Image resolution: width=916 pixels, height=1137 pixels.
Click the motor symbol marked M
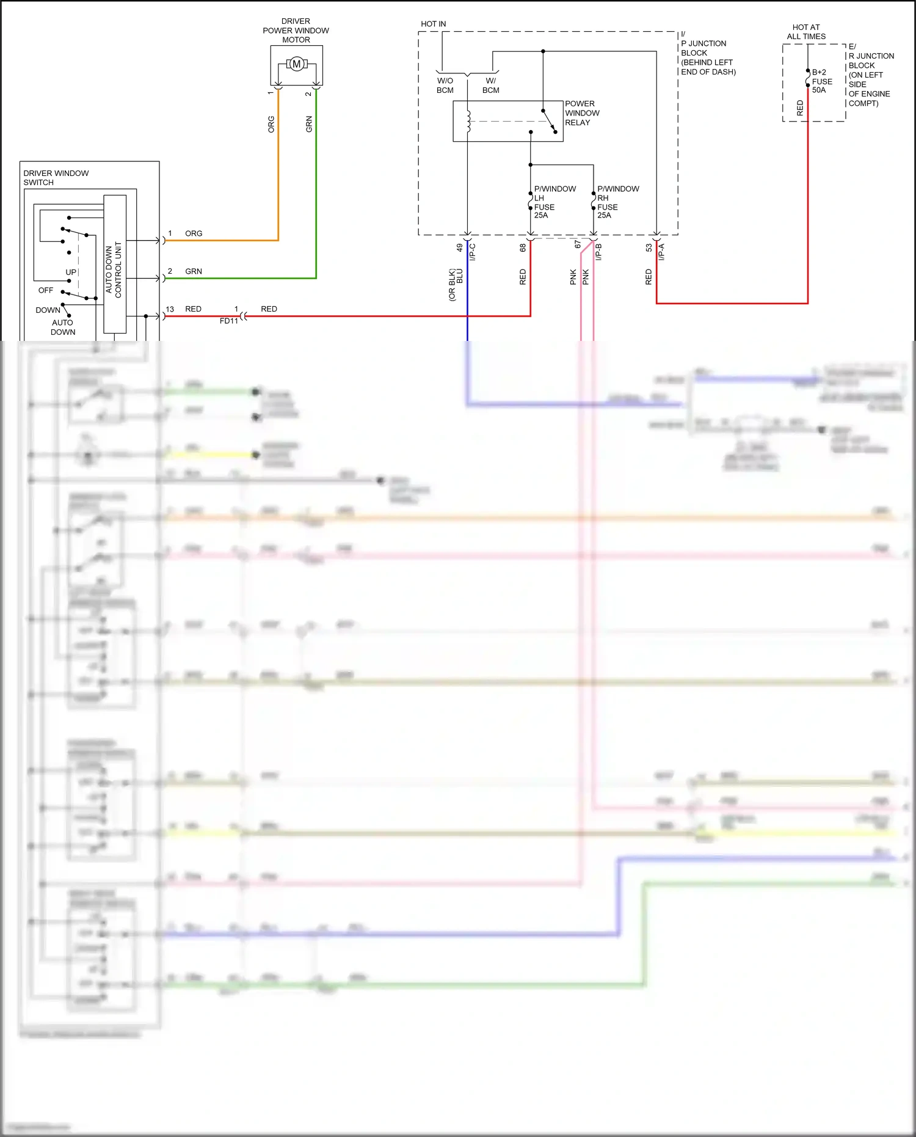point(297,64)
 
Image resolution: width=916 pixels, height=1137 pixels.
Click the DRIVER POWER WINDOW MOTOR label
point(296,31)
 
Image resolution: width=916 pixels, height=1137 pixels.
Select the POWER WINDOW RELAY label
point(581,113)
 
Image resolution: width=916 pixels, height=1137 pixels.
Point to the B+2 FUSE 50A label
point(821,81)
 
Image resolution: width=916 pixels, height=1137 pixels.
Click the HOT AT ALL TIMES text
point(806,32)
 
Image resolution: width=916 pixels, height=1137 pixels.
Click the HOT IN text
point(433,24)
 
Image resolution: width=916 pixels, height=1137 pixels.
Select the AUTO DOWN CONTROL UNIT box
point(115,264)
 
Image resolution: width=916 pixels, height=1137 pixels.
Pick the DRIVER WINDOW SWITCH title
point(56,178)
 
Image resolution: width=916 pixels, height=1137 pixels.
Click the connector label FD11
point(229,321)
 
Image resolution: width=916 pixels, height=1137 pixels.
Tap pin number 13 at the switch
point(170,309)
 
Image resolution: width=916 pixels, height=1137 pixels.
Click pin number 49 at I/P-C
point(459,247)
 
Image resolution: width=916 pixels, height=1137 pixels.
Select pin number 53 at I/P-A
point(649,247)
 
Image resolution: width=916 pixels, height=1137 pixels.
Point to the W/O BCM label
point(445,86)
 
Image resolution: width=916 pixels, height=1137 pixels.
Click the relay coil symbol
point(469,121)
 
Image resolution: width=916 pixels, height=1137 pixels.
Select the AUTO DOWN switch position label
point(63,327)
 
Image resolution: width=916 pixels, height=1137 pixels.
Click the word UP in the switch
point(71,272)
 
